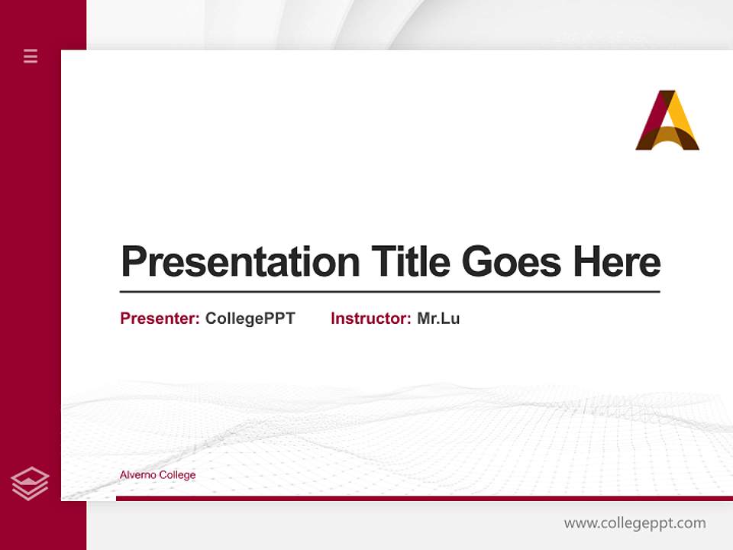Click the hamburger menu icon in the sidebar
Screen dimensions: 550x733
point(31,56)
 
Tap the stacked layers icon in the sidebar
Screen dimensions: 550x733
point(30,484)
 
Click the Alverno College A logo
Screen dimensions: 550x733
point(667,121)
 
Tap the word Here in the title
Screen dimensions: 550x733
point(617,262)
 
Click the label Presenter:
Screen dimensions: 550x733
point(160,319)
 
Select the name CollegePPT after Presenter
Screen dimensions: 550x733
point(250,319)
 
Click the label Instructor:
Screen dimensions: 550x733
point(371,319)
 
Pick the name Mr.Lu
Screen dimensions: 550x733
point(438,319)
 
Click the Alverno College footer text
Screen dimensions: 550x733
point(157,475)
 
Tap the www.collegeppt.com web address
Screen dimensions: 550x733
point(635,523)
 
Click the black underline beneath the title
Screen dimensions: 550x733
point(389,291)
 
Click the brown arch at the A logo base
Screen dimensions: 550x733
point(667,140)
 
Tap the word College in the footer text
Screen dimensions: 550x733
point(178,475)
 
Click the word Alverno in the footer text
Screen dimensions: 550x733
point(137,475)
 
